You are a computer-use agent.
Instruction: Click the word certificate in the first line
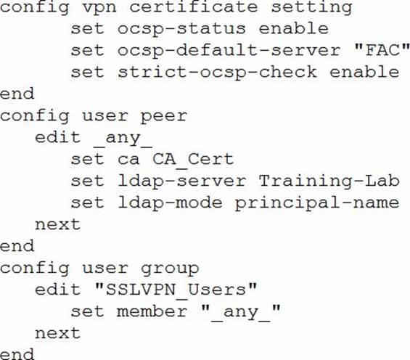[x=194, y=7]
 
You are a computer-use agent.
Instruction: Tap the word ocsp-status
[x=181, y=30]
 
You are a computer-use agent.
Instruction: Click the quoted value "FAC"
[x=382, y=50]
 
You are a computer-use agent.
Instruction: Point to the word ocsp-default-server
[x=229, y=51]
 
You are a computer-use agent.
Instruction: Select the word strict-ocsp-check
[x=217, y=73]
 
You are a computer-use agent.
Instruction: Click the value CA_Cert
[x=193, y=160]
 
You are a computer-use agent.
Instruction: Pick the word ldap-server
[x=181, y=181]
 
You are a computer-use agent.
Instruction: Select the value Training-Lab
[x=329, y=181]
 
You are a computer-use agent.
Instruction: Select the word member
[x=152, y=312]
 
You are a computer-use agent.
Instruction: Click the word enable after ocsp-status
[x=294, y=29]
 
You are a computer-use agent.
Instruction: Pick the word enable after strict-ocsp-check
[x=364, y=72]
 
